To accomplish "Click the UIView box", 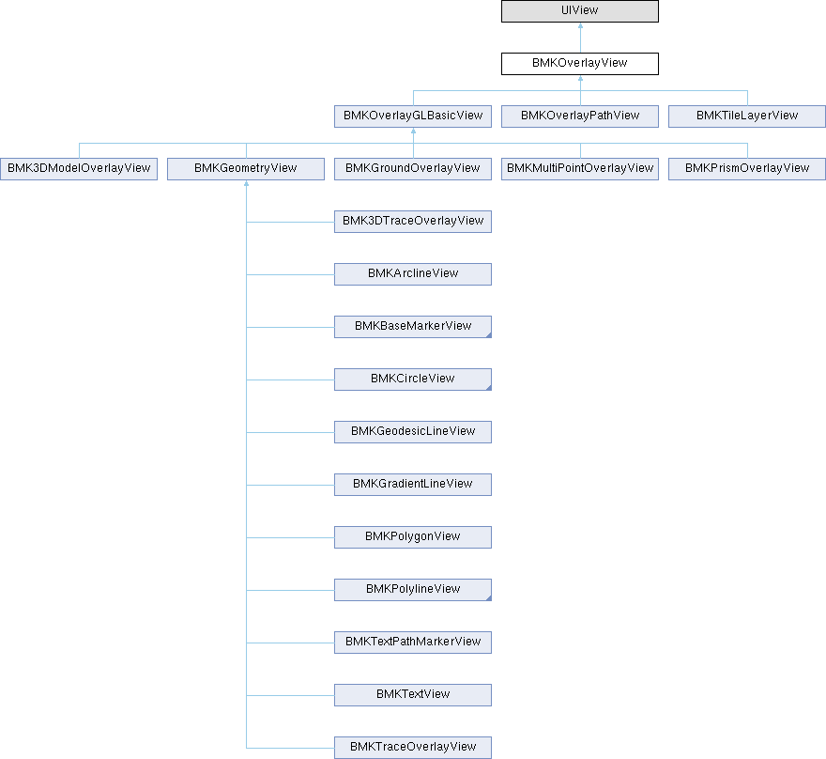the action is coord(579,11).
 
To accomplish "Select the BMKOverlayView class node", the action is coord(579,63).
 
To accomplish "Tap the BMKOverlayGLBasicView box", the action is coord(412,116).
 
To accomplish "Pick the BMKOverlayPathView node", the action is coord(579,116).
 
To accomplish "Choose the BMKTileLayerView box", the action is coord(747,116).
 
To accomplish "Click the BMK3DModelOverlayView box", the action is coord(79,169).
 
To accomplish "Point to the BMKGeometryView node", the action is coord(246,169).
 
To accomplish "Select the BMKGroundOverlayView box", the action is coord(412,169).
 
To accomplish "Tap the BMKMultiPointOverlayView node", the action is coord(579,169).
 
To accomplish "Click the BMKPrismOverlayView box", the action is coord(747,169).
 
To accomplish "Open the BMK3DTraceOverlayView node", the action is coord(412,222).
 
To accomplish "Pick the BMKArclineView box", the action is coord(412,274).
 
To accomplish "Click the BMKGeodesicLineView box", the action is coord(412,432).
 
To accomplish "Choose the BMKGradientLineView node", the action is coord(412,485).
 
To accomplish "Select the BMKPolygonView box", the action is coord(412,537).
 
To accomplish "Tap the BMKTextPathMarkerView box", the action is coord(412,643).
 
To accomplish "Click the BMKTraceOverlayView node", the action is coord(412,748).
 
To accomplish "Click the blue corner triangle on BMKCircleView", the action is coord(489,388).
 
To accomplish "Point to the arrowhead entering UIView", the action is coord(580,25).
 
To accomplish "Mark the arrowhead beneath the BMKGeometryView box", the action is coord(246,183).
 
